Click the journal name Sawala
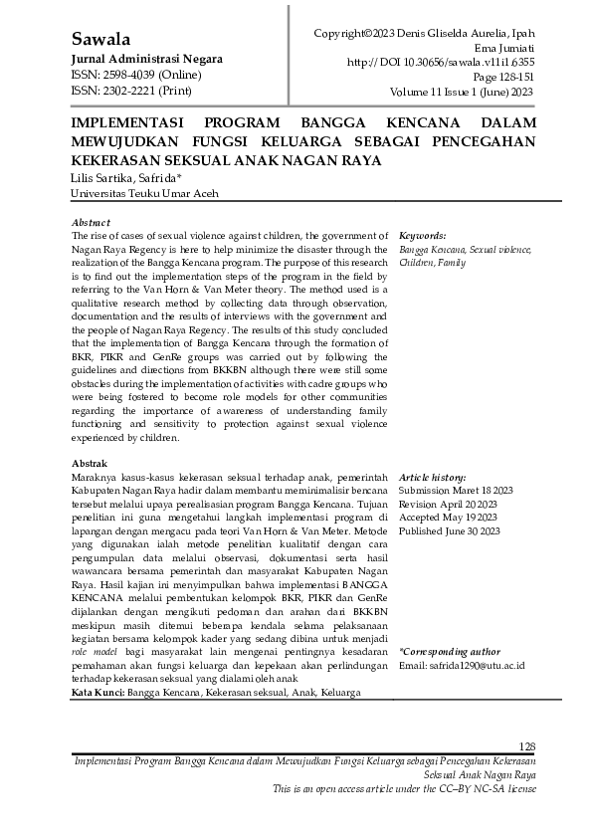pyautogui.click(x=101, y=40)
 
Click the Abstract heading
pyautogui.click(x=91, y=222)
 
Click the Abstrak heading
pyautogui.click(x=90, y=464)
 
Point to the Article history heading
pyautogui.click(x=432, y=478)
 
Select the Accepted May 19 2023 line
pyautogui.click(x=449, y=519)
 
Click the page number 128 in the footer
pyautogui.click(x=527, y=746)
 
